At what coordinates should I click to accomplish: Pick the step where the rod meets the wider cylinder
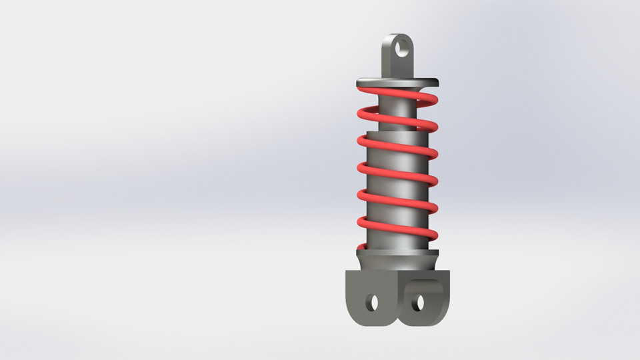click(x=398, y=134)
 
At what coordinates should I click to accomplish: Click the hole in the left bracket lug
click(x=372, y=303)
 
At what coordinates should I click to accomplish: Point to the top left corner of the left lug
click(x=348, y=271)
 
